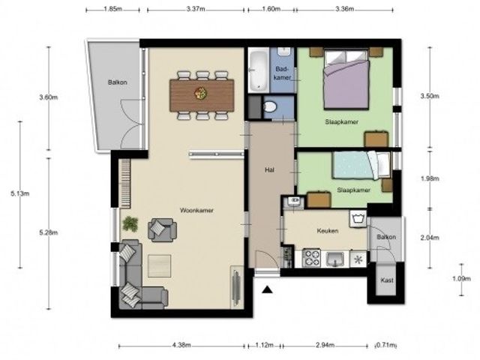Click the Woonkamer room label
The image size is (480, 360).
pos(196,211)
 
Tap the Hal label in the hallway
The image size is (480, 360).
pos(269,170)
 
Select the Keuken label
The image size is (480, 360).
pos(328,231)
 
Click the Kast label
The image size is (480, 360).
pos(387,280)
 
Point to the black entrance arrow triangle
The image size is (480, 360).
pos(267,289)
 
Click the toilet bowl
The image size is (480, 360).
pos(270,107)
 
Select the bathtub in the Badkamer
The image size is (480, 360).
pos(258,70)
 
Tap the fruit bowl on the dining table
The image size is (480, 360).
pos(201,93)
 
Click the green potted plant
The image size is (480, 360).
pos(130,223)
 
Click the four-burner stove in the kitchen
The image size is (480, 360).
pos(312,258)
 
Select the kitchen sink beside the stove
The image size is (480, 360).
pos(336,259)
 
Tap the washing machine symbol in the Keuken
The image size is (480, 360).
pos(358,219)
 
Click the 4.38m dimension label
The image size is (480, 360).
pos(181,345)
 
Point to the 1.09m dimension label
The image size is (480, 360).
pos(462,278)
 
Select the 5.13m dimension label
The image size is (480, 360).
pos(20,193)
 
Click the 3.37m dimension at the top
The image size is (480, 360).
pos(196,9)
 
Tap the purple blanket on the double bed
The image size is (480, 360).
pos(346,83)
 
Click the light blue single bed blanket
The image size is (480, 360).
pos(352,165)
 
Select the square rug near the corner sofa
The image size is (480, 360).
pos(160,266)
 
